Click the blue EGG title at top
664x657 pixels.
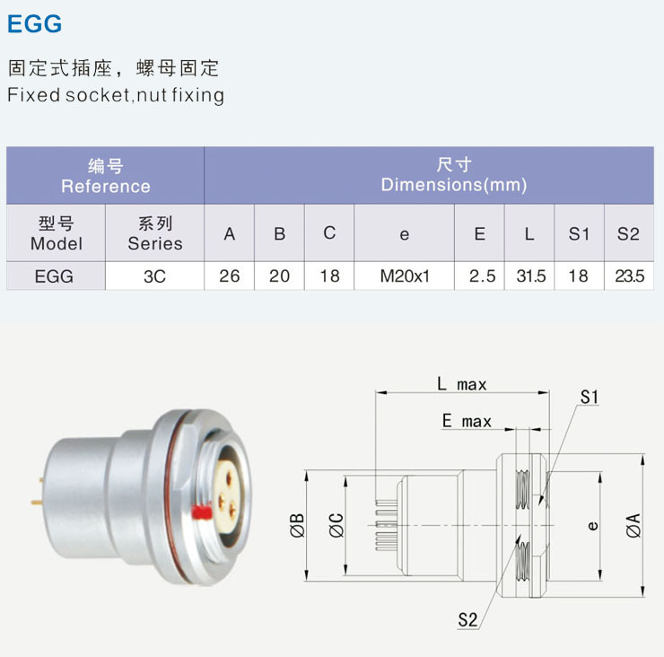tap(34, 24)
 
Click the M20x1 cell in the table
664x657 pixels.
tap(404, 276)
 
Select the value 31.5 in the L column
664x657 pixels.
tap(530, 276)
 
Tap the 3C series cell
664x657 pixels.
tap(154, 276)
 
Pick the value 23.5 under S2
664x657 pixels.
tap(629, 276)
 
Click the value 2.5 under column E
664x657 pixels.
tap(480, 276)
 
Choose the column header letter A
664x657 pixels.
tap(230, 233)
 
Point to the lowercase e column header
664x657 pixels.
tap(404, 234)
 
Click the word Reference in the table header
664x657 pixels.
tap(105, 187)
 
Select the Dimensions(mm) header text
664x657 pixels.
tap(453, 186)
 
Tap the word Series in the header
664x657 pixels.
tap(154, 243)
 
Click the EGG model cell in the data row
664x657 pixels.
tap(55, 276)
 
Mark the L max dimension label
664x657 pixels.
tap(461, 384)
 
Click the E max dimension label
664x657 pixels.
tap(467, 421)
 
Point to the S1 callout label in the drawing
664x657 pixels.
tap(590, 396)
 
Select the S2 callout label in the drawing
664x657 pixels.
tap(467, 618)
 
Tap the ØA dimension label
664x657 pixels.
tap(633, 524)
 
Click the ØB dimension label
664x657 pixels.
tap(299, 524)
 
